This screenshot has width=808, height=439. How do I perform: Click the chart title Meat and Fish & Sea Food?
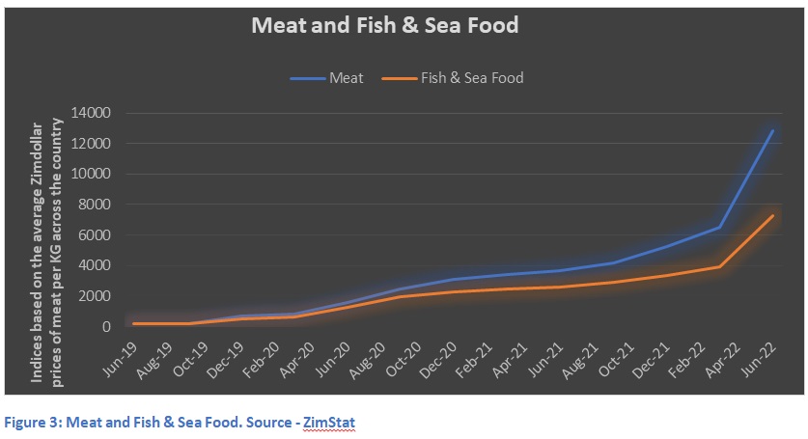pyautogui.click(x=384, y=25)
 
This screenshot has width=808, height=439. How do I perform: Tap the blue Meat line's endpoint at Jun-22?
pyautogui.click(x=773, y=130)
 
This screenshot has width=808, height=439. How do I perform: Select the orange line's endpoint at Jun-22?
pyautogui.click(x=773, y=215)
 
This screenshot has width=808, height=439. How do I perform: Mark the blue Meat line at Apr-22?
pyautogui.click(x=719, y=228)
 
